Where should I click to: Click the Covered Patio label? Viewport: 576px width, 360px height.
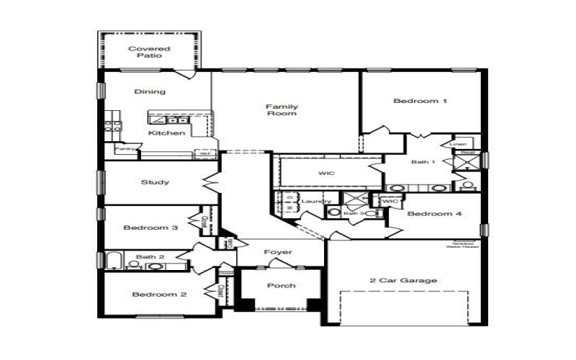(149, 52)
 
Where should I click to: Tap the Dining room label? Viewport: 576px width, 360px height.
(150, 91)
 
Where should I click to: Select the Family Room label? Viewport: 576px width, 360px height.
(282, 110)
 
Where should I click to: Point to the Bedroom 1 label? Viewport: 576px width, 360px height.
(420, 101)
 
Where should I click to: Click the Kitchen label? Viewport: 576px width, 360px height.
(167, 132)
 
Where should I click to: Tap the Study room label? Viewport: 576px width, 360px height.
(156, 182)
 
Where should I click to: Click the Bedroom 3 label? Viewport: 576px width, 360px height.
(150, 228)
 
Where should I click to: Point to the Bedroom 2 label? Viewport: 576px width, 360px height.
(159, 294)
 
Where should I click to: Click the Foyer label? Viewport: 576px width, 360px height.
(278, 252)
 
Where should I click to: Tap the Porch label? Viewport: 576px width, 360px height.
(281, 286)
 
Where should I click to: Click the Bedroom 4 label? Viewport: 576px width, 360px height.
(434, 214)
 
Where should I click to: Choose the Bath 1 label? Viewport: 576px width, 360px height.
(423, 162)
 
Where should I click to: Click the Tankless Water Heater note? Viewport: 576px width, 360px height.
(462, 245)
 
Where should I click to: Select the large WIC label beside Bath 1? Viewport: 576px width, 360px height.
(327, 174)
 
